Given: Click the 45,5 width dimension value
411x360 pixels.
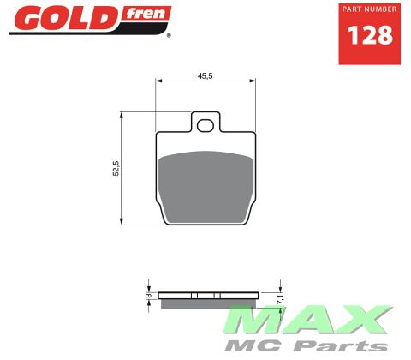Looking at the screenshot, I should (x=205, y=75).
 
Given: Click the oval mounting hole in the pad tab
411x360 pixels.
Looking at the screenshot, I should (x=205, y=127).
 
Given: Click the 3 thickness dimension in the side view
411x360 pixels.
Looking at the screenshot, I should (x=148, y=296).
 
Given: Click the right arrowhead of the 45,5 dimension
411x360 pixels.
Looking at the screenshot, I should (x=253, y=81).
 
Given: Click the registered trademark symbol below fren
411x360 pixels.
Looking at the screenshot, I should (x=169, y=36).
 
